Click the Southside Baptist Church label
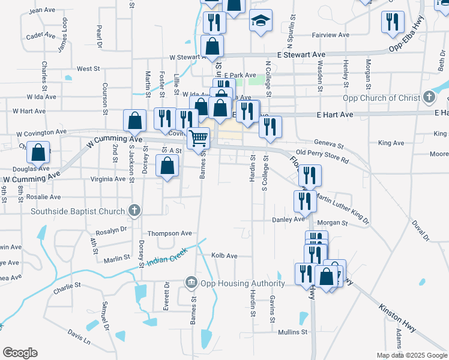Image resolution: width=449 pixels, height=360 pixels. coord(78,211)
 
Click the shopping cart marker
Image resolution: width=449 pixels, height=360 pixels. coord(199,139)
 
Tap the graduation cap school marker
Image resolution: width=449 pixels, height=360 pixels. coord(261,21)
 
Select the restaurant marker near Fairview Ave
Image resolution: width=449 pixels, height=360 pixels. coord(393,22)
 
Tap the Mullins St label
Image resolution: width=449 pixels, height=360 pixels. coord(292,331)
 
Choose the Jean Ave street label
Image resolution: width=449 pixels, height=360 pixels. coord(42,10)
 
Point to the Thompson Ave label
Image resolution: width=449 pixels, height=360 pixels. coord(170,233)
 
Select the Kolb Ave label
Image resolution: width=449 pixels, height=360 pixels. coord(224,256)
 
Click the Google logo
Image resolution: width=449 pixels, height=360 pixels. coord(20,353)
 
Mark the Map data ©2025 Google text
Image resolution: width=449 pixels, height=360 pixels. coord(411,355)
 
